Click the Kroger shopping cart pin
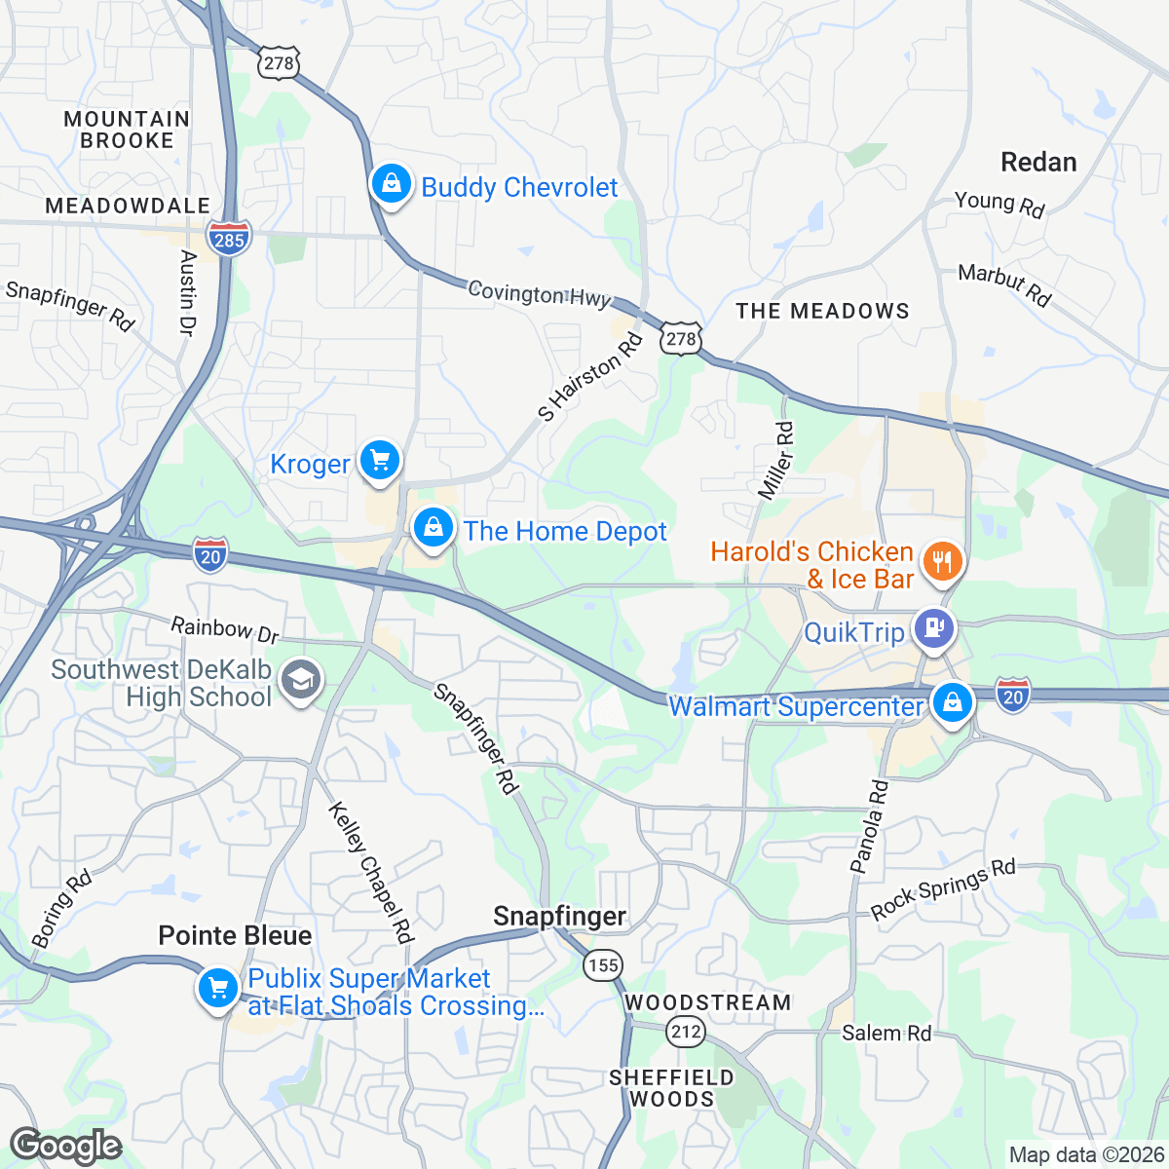pyautogui.click(x=379, y=461)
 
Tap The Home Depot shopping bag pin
pyautogui.click(x=433, y=529)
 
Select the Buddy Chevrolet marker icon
pyautogui.click(x=391, y=184)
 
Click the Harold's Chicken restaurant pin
pyautogui.click(x=941, y=562)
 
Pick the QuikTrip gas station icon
pyautogui.click(x=933, y=628)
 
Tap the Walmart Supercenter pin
pyautogui.click(x=952, y=702)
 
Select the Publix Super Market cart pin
pyautogui.click(x=217, y=989)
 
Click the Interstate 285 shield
pyautogui.click(x=229, y=238)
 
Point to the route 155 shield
pyautogui.click(x=603, y=964)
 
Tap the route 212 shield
pyautogui.click(x=686, y=1032)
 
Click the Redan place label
pyautogui.click(x=1038, y=162)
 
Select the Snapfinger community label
pyautogui.click(x=559, y=916)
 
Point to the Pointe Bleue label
pyautogui.click(x=235, y=935)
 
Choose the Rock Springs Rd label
pyautogui.click(x=943, y=890)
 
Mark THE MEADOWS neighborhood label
pyautogui.click(x=822, y=311)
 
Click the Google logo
pyautogui.click(x=64, y=1147)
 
